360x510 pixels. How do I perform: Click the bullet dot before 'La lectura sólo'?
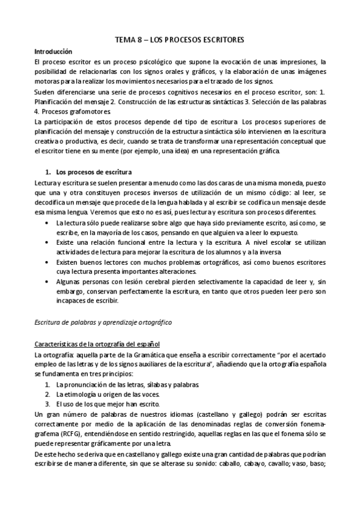tap(48, 222)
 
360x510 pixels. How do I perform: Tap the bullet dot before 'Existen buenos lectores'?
tap(48, 262)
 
